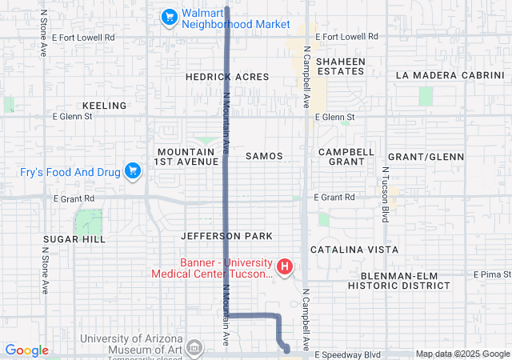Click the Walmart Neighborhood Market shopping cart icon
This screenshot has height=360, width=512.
[x=169, y=16]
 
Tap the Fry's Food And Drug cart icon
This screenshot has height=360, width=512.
[x=133, y=170]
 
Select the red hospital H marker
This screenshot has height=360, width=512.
[x=283, y=266]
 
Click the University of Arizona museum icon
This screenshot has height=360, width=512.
[x=194, y=347]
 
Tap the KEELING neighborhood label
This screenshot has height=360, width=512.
[x=104, y=106]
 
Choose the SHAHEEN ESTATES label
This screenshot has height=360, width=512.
[x=340, y=66]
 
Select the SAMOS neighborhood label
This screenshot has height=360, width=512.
[x=264, y=155]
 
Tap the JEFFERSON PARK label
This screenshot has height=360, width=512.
[x=226, y=236]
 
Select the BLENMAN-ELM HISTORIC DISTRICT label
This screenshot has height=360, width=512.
[x=399, y=280]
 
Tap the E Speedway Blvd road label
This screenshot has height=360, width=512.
[x=347, y=354]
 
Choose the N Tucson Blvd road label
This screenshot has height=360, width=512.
[x=385, y=194]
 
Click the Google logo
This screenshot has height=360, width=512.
[x=27, y=350]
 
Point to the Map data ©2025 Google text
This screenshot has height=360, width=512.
[x=462, y=354]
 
